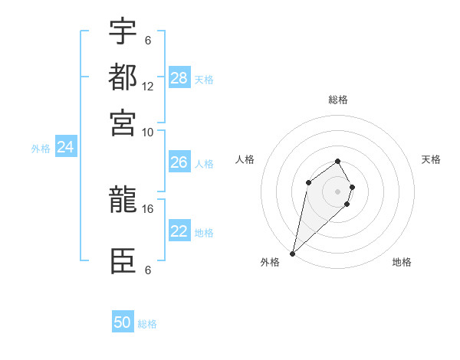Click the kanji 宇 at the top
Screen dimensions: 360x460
123,32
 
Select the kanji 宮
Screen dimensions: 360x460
123,122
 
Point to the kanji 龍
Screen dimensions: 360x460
123,201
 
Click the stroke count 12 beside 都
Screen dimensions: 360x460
148,87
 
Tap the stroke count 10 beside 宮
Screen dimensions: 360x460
148,132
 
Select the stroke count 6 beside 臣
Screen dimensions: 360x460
148,270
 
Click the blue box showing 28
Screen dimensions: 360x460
179,78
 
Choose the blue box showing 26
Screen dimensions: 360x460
179,162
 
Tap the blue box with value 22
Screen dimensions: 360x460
179,232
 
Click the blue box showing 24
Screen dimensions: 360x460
65,147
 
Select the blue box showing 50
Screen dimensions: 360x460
123,322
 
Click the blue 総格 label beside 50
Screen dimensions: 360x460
147,324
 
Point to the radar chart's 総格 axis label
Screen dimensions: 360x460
338,100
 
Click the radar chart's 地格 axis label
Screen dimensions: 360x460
402,262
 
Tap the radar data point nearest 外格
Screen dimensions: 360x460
292,254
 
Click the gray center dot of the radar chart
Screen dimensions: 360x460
338,191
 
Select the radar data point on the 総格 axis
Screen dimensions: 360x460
338,161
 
